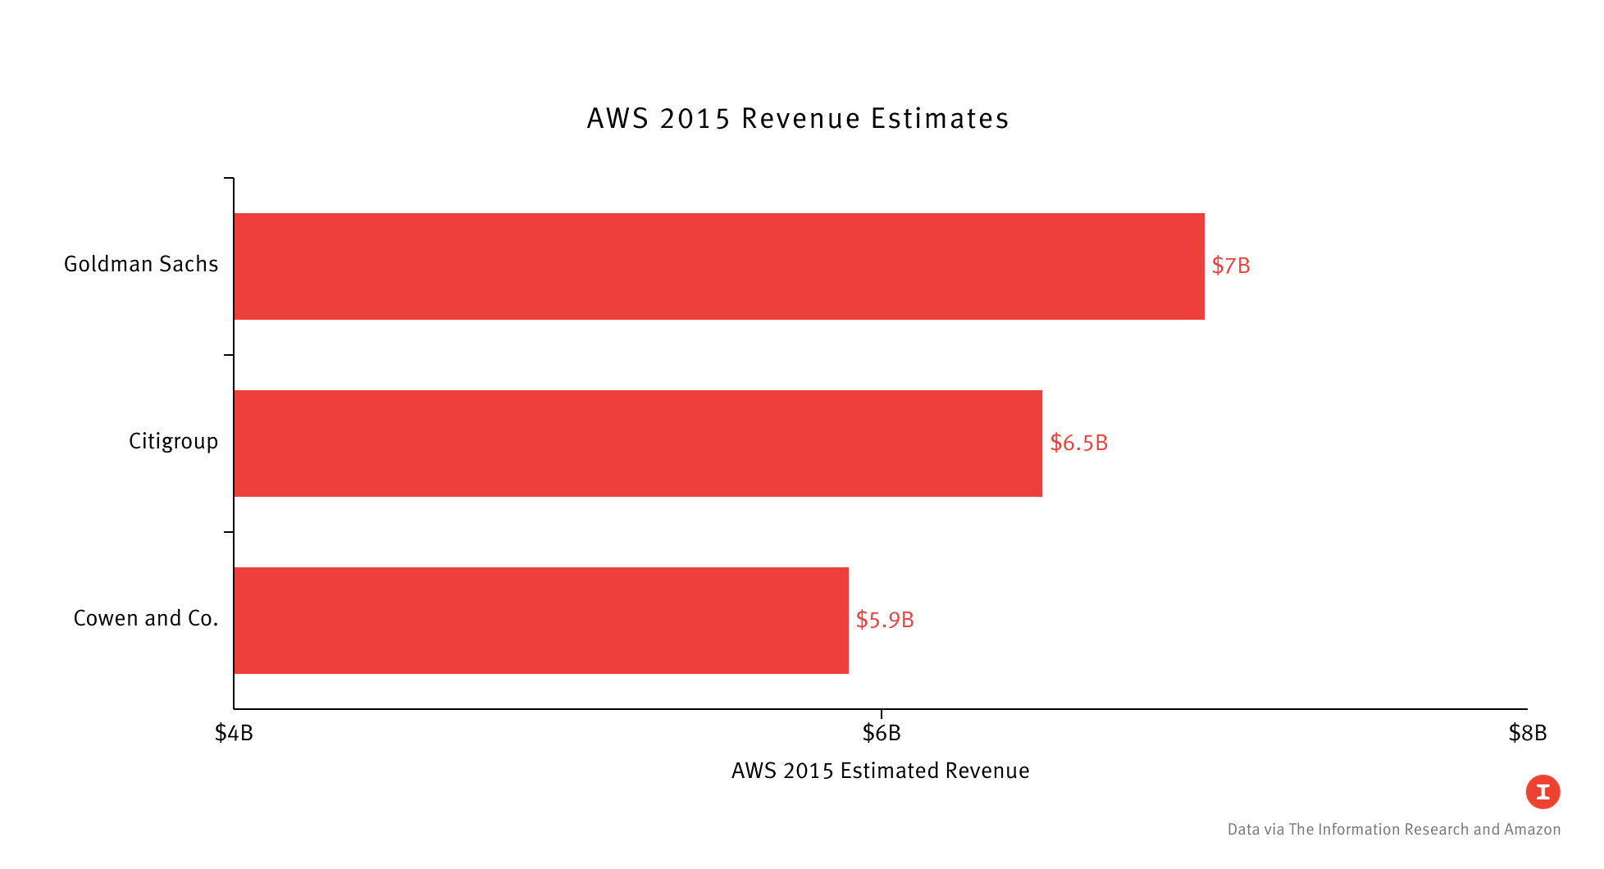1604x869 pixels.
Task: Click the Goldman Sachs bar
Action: (718, 266)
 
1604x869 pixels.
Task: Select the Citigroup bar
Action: (638, 444)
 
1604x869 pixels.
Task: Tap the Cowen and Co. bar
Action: (541, 621)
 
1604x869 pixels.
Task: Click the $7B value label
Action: (1231, 266)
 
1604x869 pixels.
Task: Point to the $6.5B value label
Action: (1078, 443)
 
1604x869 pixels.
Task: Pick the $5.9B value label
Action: (885, 620)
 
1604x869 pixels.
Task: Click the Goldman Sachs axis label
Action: (141, 264)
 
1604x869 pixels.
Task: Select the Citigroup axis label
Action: (173, 441)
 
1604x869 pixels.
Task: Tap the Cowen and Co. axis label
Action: (146, 618)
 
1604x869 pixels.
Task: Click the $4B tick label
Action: (234, 733)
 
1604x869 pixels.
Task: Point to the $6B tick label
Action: (882, 733)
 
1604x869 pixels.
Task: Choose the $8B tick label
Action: (1528, 733)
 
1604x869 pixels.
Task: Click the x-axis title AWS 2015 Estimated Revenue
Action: (880, 771)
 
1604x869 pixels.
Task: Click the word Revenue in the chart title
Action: (800, 119)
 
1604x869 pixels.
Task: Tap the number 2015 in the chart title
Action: (695, 119)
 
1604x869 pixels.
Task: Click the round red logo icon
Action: (1542, 792)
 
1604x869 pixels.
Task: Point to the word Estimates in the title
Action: (940, 119)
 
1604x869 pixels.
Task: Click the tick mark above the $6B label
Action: (882, 714)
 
